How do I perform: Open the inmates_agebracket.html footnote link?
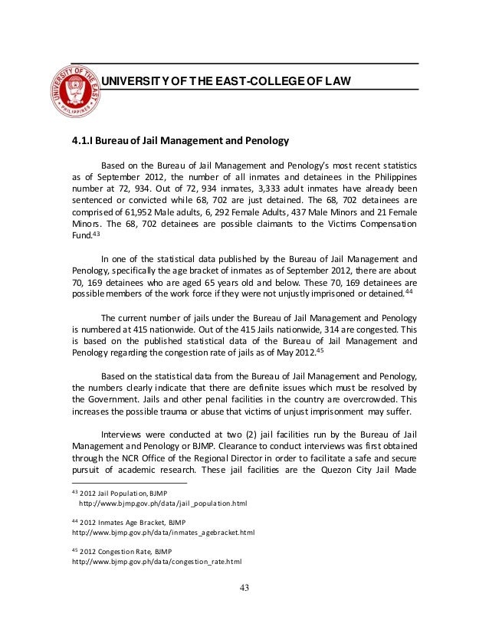[163, 532]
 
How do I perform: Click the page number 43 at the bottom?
[244, 589]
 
